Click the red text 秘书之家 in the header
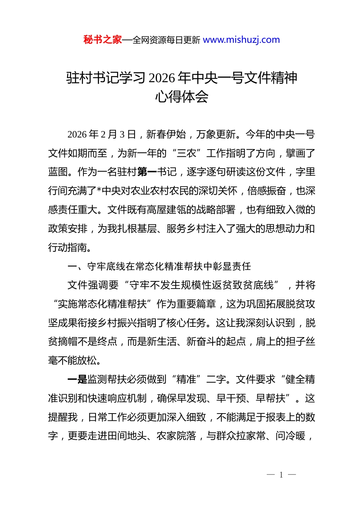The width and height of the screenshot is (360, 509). pyautogui.click(x=102, y=40)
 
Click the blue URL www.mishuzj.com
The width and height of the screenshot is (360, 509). pyautogui.click(x=241, y=40)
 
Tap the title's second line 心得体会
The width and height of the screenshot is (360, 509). pyautogui.click(x=182, y=97)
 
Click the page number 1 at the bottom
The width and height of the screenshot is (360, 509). pyautogui.click(x=281, y=475)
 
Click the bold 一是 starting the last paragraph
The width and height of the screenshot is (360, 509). pyautogui.click(x=77, y=379)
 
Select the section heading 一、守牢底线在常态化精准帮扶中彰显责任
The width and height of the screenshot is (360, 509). pyautogui.click(x=159, y=267)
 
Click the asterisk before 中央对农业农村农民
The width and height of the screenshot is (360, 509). pyautogui.click(x=99, y=191)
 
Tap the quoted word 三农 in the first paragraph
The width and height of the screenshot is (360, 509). pyautogui.click(x=186, y=153)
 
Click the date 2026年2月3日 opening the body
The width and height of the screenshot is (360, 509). pyautogui.click(x=101, y=134)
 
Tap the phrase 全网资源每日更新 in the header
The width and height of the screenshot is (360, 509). pyautogui.click(x=166, y=40)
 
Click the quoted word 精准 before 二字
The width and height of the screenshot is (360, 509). pyautogui.click(x=186, y=379)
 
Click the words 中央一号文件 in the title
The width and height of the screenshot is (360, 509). pyautogui.click(x=230, y=78)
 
